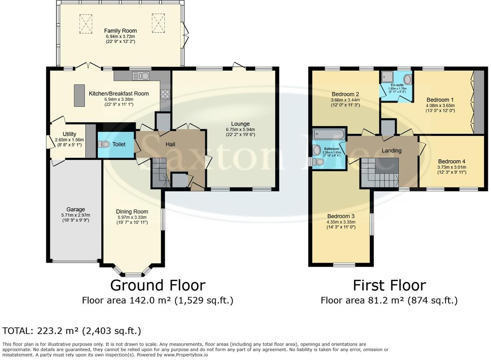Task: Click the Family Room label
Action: point(120,31)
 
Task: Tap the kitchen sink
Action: point(141,76)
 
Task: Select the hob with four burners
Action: point(165,94)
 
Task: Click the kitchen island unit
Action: point(79,96)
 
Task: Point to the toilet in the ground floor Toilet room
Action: point(104,144)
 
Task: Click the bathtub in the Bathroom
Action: point(329,134)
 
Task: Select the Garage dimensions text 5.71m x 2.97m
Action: point(76,215)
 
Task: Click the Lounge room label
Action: point(241,124)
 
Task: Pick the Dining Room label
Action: point(132,211)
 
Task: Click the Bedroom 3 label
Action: point(341,216)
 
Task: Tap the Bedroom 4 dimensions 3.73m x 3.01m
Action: point(452,167)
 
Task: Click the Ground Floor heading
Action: point(158,285)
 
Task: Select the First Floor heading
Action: point(389,285)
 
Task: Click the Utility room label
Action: point(69,134)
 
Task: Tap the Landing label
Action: point(391,151)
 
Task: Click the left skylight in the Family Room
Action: point(86,24)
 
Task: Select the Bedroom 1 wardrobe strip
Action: point(479,102)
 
